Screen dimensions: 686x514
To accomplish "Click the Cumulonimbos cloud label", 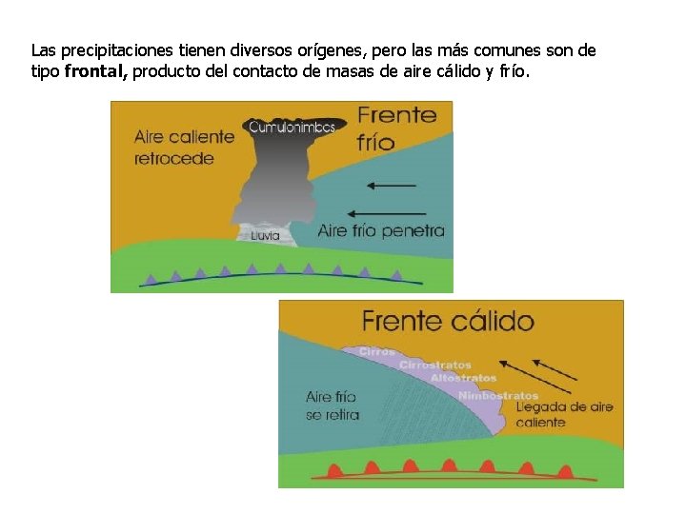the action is pyautogui.click(x=292, y=126).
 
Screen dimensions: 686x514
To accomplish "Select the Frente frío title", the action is pyautogui.click(x=397, y=128).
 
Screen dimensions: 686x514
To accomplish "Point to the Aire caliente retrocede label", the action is pyautogui.click(x=184, y=148).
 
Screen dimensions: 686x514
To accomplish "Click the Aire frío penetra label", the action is pyautogui.click(x=380, y=230).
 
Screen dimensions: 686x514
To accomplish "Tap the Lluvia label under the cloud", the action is pyautogui.click(x=266, y=235).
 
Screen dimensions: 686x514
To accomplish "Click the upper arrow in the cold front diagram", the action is pyautogui.click(x=391, y=185).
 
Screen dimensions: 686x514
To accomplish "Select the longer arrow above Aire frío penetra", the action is pyautogui.click(x=381, y=213).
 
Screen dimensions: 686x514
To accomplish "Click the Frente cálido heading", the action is pyautogui.click(x=447, y=321).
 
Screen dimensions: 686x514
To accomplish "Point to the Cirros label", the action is pyautogui.click(x=376, y=351).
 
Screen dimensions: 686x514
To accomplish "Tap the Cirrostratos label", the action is pyautogui.click(x=434, y=365).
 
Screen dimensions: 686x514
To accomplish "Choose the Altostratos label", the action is pyautogui.click(x=463, y=378).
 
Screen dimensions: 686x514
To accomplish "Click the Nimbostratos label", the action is pyautogui.click(x=497, y=395).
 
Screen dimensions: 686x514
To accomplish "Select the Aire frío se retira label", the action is pyautogui.click(x=333, y=405).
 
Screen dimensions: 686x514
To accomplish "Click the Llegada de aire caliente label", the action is pyautogui.click(x=564, y=414).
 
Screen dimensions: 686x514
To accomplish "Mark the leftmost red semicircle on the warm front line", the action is pyautogui.click(x=335, y=468).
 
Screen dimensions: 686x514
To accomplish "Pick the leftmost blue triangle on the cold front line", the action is pyautogui.click(x=151, y=279).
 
